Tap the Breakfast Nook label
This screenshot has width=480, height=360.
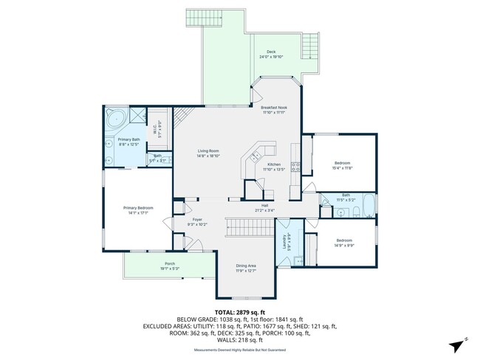click(274, 108)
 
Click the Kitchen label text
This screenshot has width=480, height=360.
click(274, 164)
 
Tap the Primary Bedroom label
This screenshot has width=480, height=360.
click(138, 208)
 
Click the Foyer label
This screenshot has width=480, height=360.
click(197, 219)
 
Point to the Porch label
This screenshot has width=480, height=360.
click(170, 264)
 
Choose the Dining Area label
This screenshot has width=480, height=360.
click(246, 266)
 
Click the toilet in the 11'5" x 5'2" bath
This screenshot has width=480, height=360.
click(355, 212)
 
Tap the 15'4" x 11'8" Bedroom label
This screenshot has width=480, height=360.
click(343, 162)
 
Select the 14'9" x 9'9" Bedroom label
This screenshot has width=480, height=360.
click(345, 240)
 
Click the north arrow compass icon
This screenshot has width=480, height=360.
click(459, 344)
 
